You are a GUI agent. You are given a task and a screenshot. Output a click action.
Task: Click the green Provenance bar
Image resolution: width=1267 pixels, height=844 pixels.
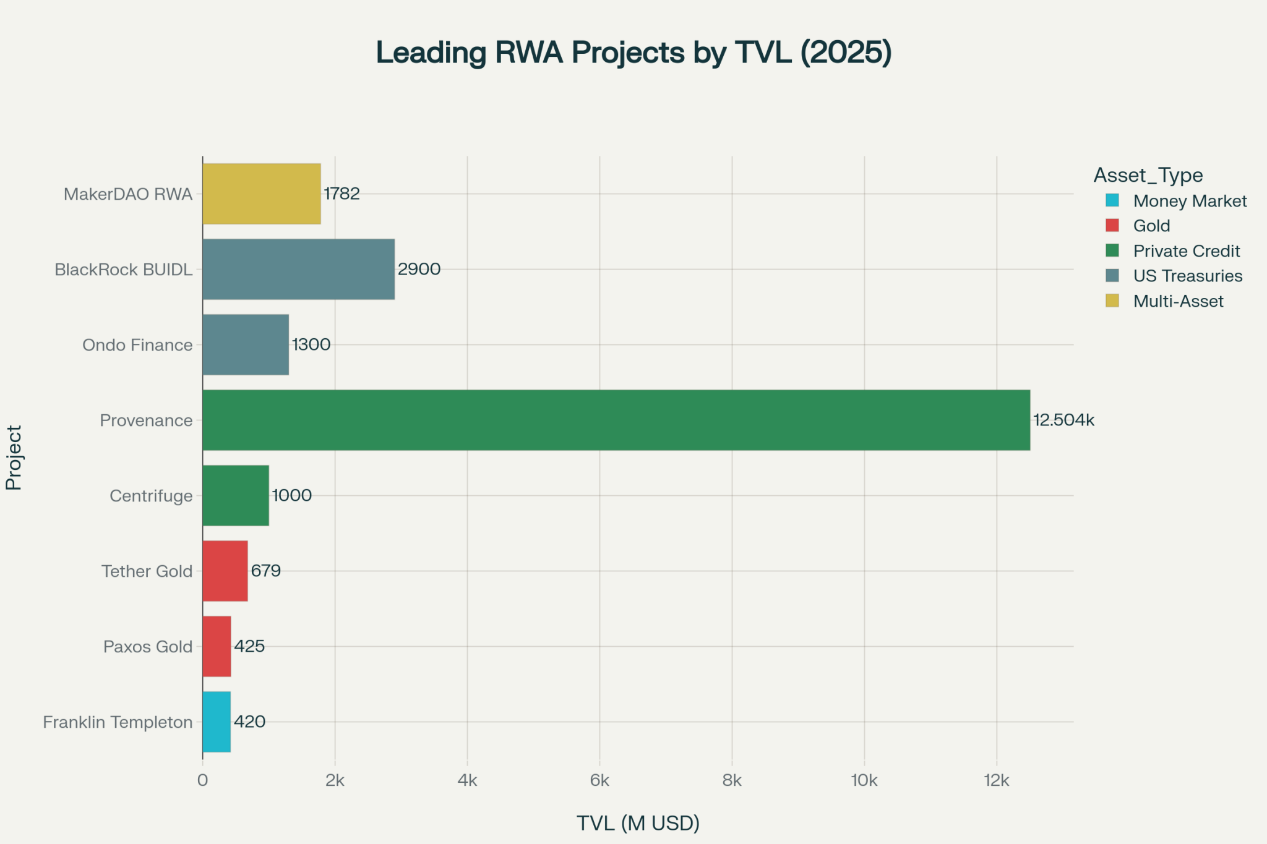[x=616, y=420]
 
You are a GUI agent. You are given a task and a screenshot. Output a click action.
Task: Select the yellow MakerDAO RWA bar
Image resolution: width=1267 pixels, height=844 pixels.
[x=261, y=194]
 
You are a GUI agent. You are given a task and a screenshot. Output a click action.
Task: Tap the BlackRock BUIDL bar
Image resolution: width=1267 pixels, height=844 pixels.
[x=298, y=269]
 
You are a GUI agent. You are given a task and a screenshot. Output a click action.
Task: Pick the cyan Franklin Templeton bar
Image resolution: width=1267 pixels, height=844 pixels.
[x=217, y=722]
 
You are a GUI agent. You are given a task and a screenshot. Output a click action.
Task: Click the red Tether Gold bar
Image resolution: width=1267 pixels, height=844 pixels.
[x=225, y=571]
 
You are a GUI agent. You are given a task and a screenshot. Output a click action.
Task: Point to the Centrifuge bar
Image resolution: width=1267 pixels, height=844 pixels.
[x=236, y=495]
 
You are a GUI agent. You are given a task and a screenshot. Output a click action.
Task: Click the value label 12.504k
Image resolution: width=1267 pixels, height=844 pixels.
[x=1063, y=420]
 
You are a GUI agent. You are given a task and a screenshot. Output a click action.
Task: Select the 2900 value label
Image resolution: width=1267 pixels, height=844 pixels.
[x=419, y=269]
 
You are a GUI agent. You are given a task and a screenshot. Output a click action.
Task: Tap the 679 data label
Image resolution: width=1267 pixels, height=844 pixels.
[x=266, y=571]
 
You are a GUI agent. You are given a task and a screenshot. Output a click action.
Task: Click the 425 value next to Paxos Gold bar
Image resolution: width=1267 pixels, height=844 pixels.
[x=249, y=646]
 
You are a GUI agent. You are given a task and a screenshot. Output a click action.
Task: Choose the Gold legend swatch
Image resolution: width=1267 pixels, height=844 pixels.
[x=1112, y=226]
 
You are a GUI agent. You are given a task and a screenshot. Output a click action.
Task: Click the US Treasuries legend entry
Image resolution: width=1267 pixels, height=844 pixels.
[x=1187, y=276]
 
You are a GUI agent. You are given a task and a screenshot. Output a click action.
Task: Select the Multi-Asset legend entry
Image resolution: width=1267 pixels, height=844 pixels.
[x=1178, y=301]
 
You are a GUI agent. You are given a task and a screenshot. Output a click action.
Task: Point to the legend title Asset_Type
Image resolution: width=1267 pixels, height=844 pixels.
[x=1148, y=176]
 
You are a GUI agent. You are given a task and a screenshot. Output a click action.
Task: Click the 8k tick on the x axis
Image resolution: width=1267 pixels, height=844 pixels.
[x=732, y=781]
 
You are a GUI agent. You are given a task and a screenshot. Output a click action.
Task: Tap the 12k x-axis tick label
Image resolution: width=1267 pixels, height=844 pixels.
[x=996, y=781]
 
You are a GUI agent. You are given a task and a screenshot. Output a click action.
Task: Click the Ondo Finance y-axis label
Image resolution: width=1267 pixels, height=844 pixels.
[x=137, y=345]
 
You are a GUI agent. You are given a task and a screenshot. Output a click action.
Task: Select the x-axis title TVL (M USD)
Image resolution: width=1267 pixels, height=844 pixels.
[x=638, y=823]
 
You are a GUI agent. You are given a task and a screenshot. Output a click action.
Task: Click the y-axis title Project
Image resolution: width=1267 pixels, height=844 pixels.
[x=14, y=458]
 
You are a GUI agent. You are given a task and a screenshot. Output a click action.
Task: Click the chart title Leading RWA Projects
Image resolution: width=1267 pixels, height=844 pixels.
[x=633, y=52]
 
